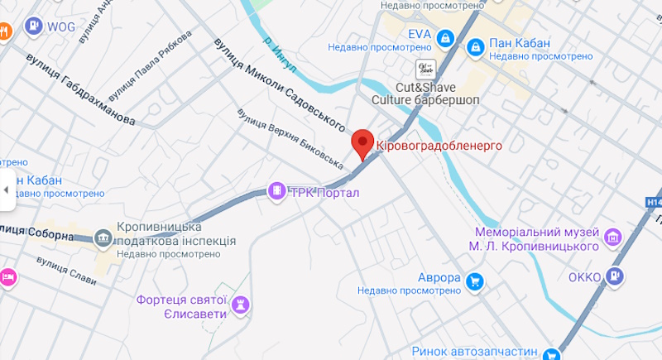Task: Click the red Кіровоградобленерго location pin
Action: click(362, 143)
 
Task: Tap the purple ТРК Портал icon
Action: click(276, 191)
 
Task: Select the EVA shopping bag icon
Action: click(445, 37)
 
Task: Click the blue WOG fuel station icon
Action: click(32, 26)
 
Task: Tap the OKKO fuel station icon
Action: click(614, 276)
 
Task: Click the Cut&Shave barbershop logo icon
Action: click(426, 68)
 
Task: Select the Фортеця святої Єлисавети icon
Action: click(241, 305)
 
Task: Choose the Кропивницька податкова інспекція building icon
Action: click(103, 238)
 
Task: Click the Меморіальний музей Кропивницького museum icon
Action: click(613, 238)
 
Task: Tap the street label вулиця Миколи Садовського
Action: click(278, 85)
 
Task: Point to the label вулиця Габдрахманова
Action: click(80, 89)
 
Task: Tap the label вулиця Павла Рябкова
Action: click(151, 63)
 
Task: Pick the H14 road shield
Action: click(653, 202)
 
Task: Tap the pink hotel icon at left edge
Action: click(7, 276)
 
